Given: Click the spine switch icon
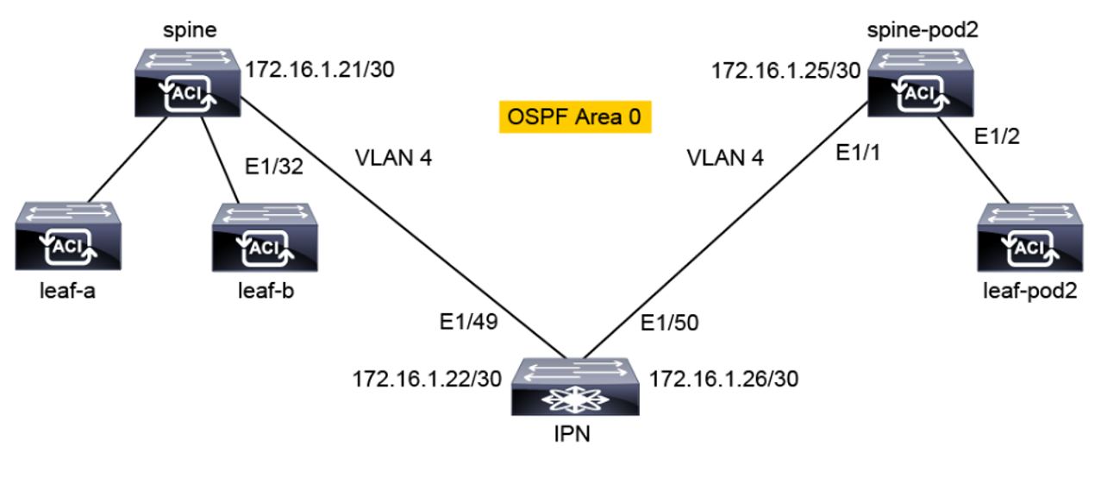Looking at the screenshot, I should tap(187, 84).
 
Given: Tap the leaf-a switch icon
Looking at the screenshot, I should tap(66, 237).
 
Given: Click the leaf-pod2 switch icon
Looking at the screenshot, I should tap(1029, 237).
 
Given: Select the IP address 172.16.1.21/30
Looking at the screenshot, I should tap(320, 70).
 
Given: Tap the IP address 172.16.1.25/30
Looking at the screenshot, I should tap(785, 71).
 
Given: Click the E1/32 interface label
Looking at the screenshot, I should tap(273, 168).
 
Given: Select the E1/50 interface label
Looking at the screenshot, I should tap(668, 324).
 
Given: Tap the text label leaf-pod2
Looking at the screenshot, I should tap(1029, 292).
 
